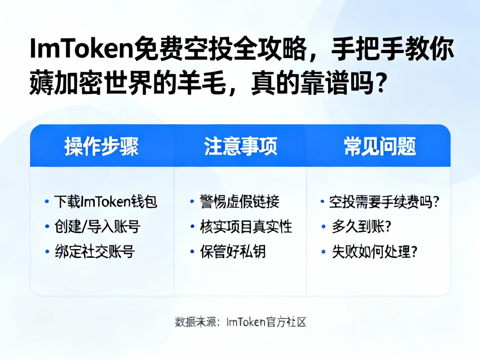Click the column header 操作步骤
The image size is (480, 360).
tap(101, 146)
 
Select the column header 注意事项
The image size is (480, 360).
tap(240, 146)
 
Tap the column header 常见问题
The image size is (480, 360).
tap(380, 146)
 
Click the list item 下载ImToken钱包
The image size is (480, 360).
tap(106, 202)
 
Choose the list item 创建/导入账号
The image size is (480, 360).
tap(97, 227)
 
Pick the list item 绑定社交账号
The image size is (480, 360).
tap(95, 252)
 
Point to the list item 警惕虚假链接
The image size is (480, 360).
tap(240, 202)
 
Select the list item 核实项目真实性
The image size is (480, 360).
tap(246, 227)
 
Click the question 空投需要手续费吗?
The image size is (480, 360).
tap(384, 202)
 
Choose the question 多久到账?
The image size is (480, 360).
tap(361, 227)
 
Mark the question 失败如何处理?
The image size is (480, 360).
tap(374, 252)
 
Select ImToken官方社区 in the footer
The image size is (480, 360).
tap(266, 322)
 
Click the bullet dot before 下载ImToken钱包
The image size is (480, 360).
tap(47, 202)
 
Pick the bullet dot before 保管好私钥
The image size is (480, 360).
tap(192, 252)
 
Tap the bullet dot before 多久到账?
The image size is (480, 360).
tap(323, 227)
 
